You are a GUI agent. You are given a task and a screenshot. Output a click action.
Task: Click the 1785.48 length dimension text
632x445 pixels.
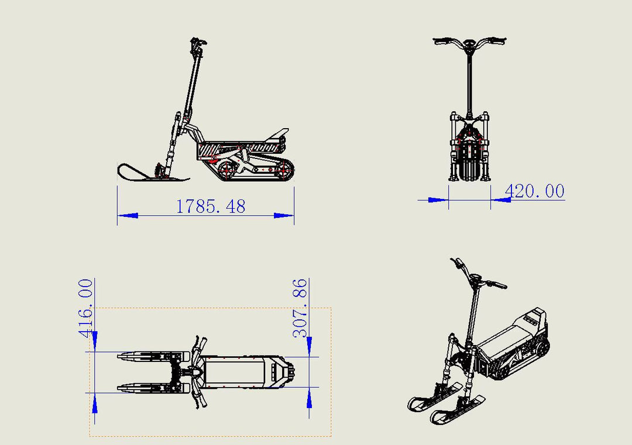[x=211, y=206]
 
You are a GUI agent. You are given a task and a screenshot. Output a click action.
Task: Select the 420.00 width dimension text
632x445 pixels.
[x=534, y=191]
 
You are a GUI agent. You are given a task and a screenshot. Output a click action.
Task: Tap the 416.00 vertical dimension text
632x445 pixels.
[x=86, y=308]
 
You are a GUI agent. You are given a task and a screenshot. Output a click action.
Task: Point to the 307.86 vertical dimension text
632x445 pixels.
[x=300, y=308]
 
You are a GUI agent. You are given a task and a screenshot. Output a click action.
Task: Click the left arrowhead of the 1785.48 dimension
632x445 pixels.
[x=128, y=215]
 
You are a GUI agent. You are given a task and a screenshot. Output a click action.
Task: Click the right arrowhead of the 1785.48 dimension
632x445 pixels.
[x=284, y=215]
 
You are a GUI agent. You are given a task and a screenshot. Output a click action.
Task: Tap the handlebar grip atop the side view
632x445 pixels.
[x=199, y=42]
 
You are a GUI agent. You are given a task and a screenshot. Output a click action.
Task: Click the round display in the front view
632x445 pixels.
[x=469, y=43]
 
